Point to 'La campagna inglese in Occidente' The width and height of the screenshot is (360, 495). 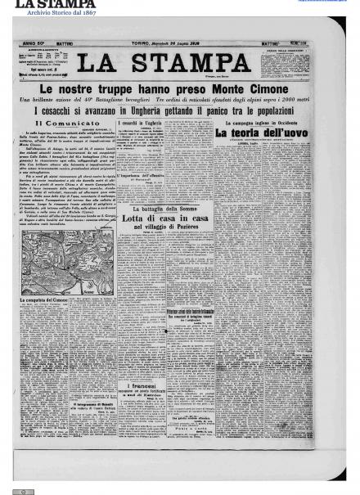coord(266,122)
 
